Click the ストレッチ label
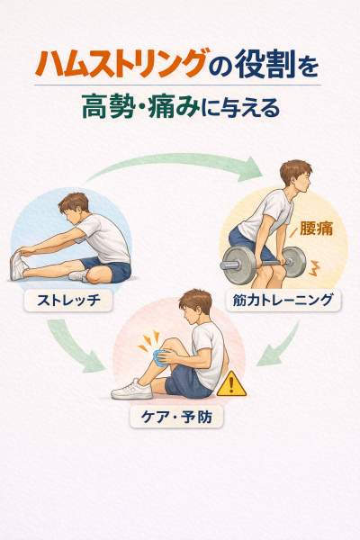coord(68,300)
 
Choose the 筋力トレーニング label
coord(283,300)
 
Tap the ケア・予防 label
coord(176,417)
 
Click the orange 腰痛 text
coord(316,228)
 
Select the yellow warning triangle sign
coord(231,384)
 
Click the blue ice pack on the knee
coord(161,357)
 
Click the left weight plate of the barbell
coord(238,265)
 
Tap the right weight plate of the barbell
coord(295,262)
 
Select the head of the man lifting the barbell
coord(296,176)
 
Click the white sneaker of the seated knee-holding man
coord(132,390)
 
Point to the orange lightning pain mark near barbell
coord(314,268)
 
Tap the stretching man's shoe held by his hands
coord(18,265)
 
